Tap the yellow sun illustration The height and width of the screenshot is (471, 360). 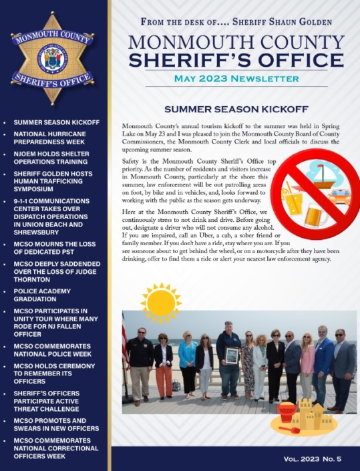[160, 302]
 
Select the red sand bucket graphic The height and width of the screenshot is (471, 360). [287, 413]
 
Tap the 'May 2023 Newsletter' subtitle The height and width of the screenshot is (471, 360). [236, 79]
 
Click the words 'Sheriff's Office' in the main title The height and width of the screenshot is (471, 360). [236, 60]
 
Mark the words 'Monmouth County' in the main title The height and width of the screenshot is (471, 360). [236, 41]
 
